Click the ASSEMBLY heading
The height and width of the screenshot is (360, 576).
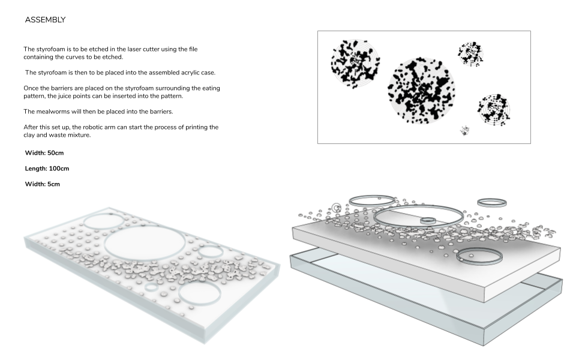click(45, 20)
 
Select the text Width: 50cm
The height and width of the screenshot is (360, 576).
click(44, 153)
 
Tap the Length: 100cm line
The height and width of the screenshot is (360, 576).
click(47, 169)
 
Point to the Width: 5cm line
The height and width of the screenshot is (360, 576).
click(42, 184)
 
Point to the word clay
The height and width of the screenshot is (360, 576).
click(31, 134)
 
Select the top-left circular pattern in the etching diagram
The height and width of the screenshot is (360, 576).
click(355, 62)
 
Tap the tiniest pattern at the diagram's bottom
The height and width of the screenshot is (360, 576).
click(464, 130)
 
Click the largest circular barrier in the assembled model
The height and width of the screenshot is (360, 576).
click(145, 244)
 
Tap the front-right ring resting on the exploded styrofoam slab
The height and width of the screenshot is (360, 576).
click(479, 257)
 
